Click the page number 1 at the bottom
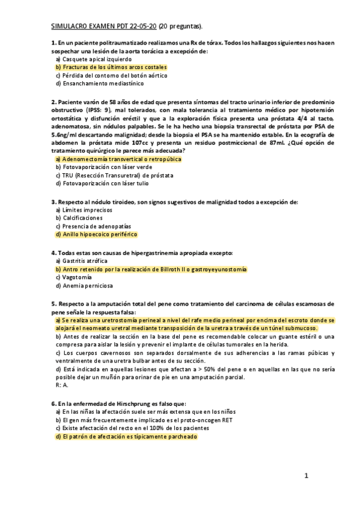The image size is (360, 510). click(306, 476)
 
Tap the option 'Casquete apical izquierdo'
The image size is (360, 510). click(97, 60)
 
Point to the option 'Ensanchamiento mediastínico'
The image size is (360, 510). click(100, 84)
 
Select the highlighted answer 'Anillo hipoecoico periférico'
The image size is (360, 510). click(96, 234)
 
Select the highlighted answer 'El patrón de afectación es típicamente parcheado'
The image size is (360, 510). click(126, 437)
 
